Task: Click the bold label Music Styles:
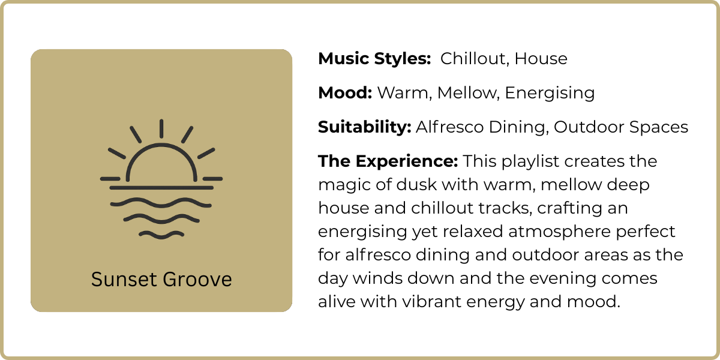pyautogui.click(x=374, y=59)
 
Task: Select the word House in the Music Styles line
pyautogui.click(x=541, y=59)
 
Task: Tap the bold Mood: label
pyautogui.click(x=345, y=93)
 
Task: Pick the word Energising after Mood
pyautogui.click(x=550, y=93)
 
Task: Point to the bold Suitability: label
pyautogui.click(x=364, y=127)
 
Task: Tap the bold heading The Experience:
pyautogui.click(x=388, y=161)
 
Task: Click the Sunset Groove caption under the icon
pyautogui.click(x=161, y=280)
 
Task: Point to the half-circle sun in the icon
pyautogui.click(x=161, y=159)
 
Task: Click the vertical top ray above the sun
pyautogui.click(x=161, y=128)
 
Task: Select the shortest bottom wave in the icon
pyautogui.click(x=161, y=233)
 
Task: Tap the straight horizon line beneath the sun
pyautogui.click(x=161, y=188)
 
